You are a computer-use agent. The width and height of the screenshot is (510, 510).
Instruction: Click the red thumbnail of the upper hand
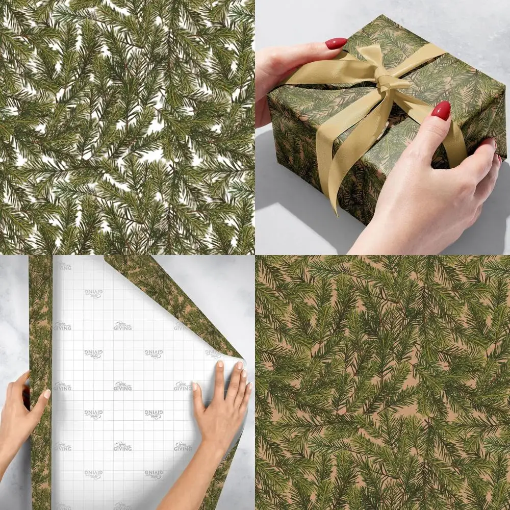336,44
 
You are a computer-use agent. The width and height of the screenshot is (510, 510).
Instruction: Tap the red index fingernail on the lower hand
441,110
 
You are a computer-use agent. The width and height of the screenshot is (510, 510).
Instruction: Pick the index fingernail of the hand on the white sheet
220,364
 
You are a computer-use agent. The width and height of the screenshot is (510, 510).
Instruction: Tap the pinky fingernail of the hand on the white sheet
249,386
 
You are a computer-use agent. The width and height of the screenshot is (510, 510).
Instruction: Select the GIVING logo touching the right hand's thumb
183,386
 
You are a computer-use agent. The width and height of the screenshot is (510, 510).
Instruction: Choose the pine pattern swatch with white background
127,127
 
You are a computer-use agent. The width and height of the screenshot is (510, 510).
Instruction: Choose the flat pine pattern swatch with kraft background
382,382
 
